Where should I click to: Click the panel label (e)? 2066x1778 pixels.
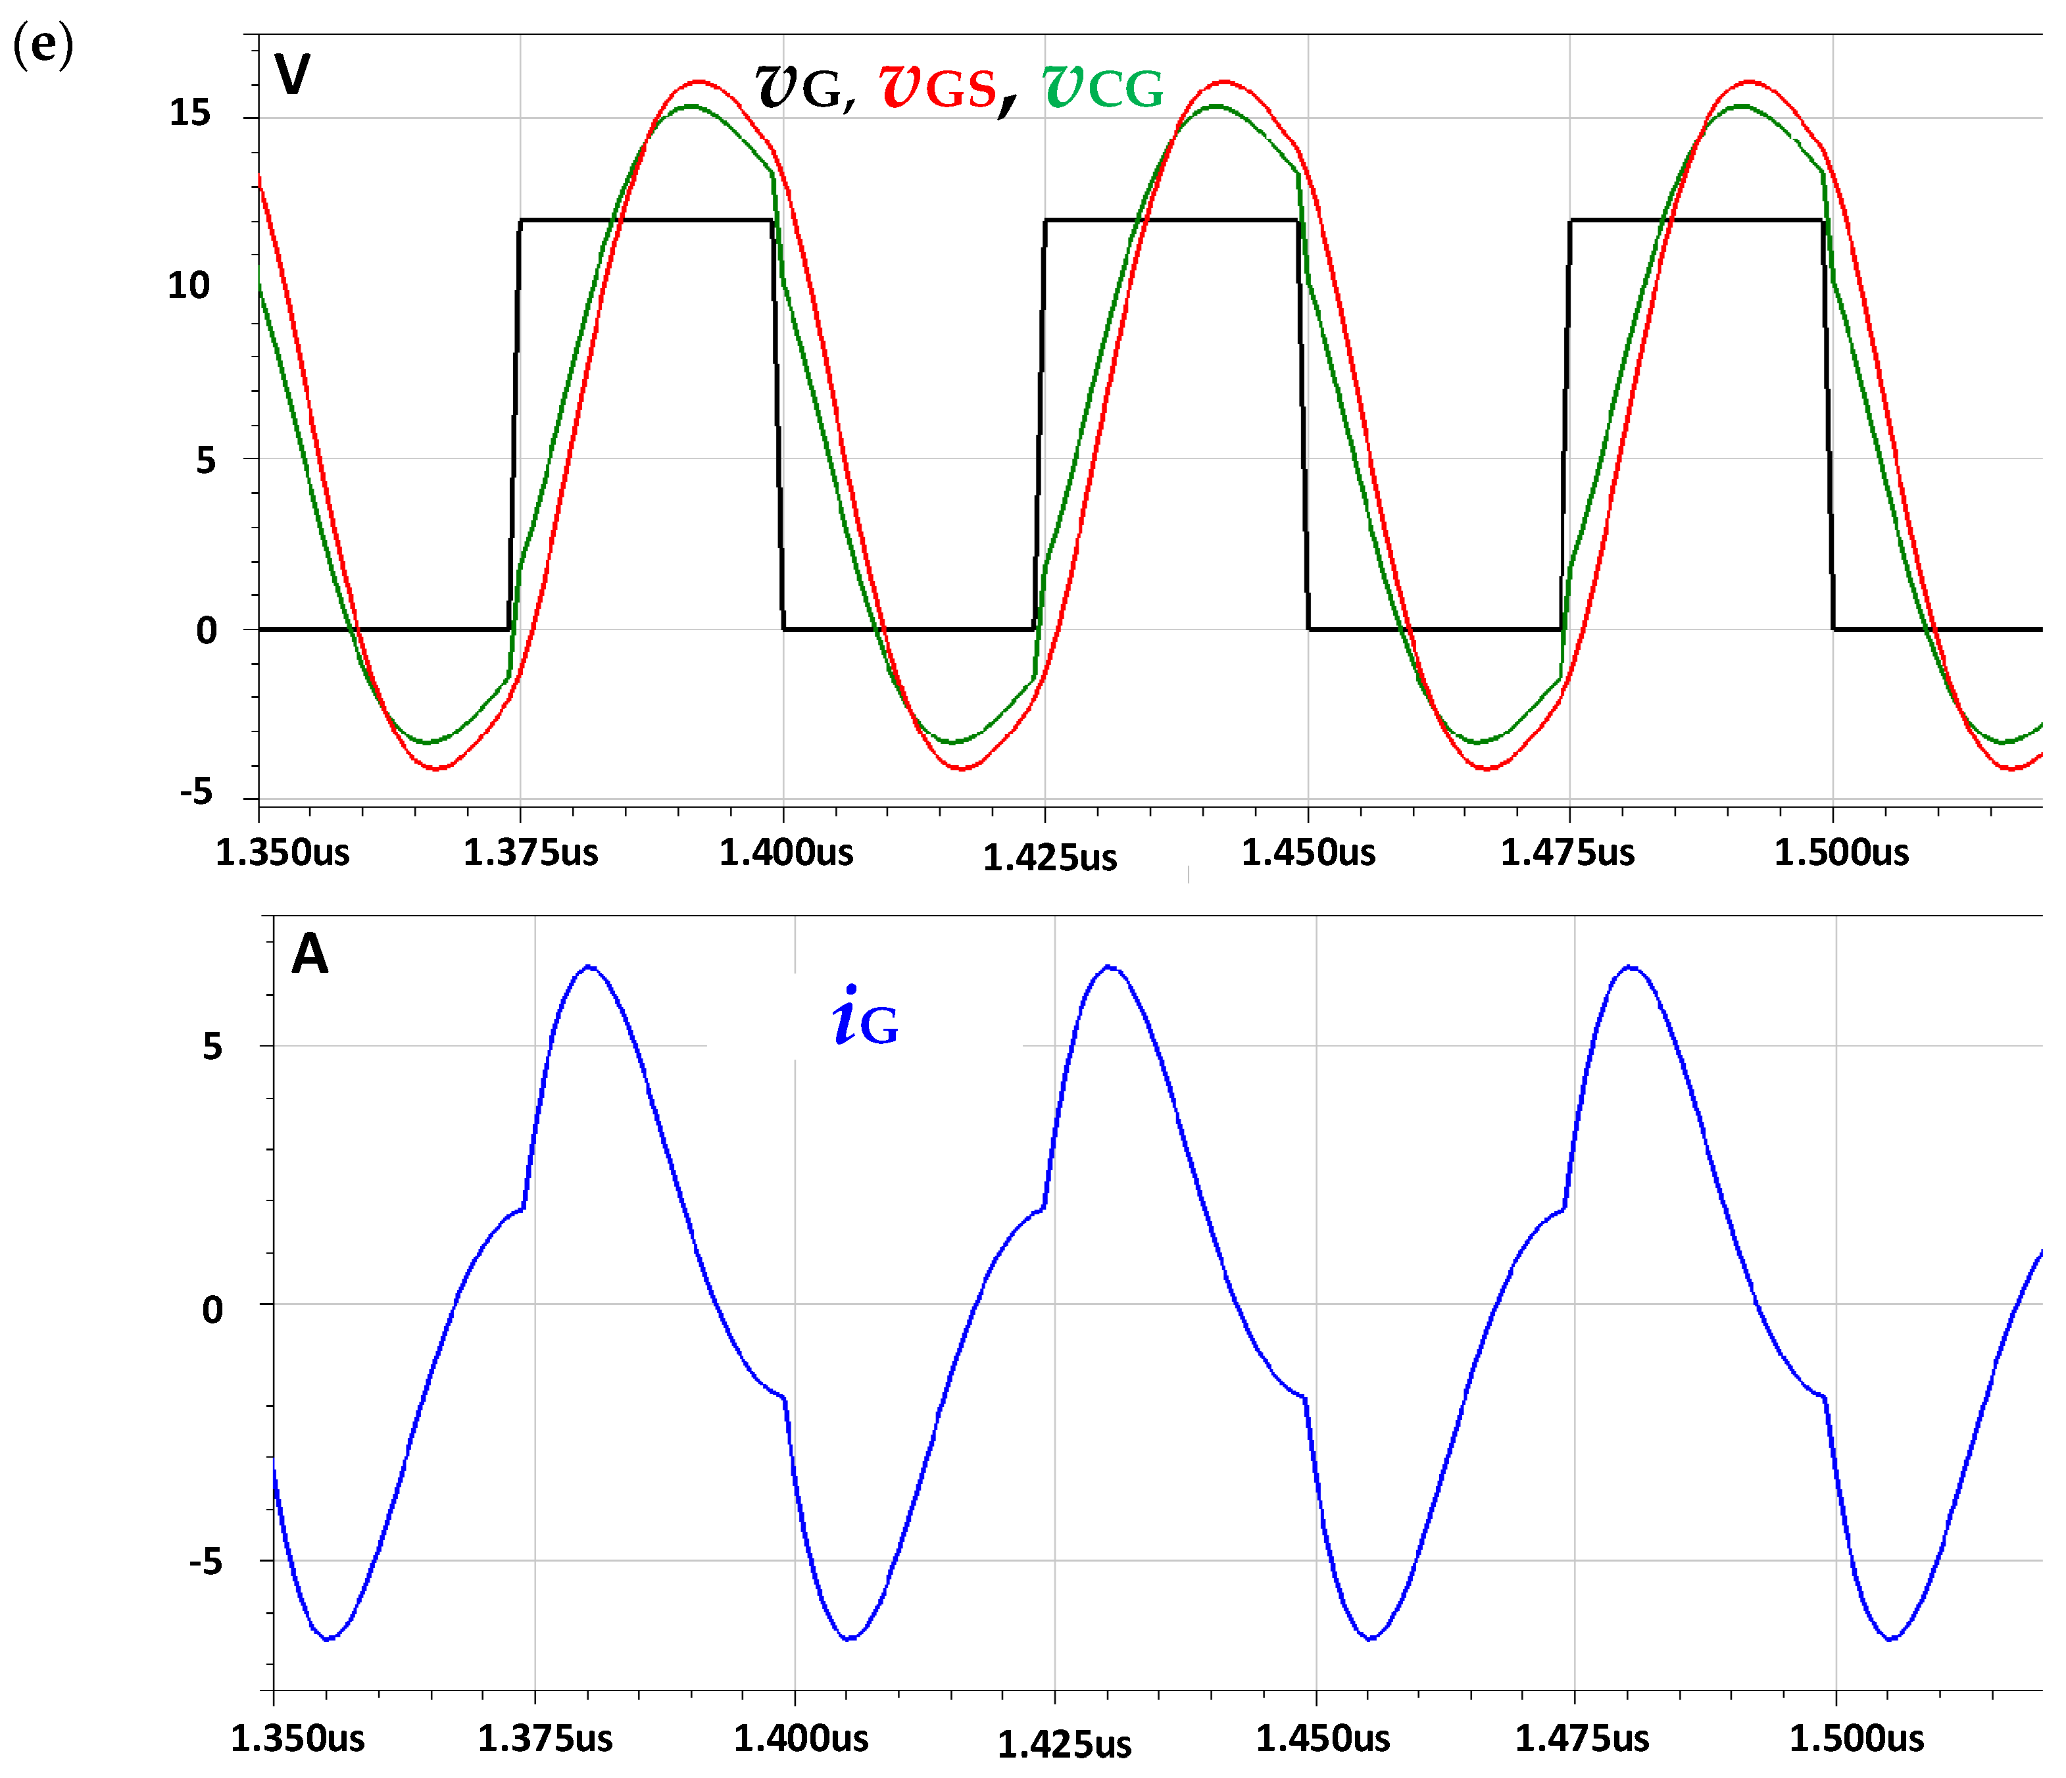(43, 46)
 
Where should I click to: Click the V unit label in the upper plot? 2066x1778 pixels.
(292, 75)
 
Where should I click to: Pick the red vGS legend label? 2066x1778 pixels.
(938, 87)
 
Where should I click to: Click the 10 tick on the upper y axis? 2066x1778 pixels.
(189, 286)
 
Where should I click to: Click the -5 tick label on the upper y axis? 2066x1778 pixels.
(197, 792)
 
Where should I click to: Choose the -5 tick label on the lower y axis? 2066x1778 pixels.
(205, 1561)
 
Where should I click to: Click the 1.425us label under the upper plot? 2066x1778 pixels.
(1050, 858)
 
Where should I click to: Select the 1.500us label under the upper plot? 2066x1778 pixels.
(1840, 852)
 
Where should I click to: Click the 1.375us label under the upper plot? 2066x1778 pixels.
(530, 852)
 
